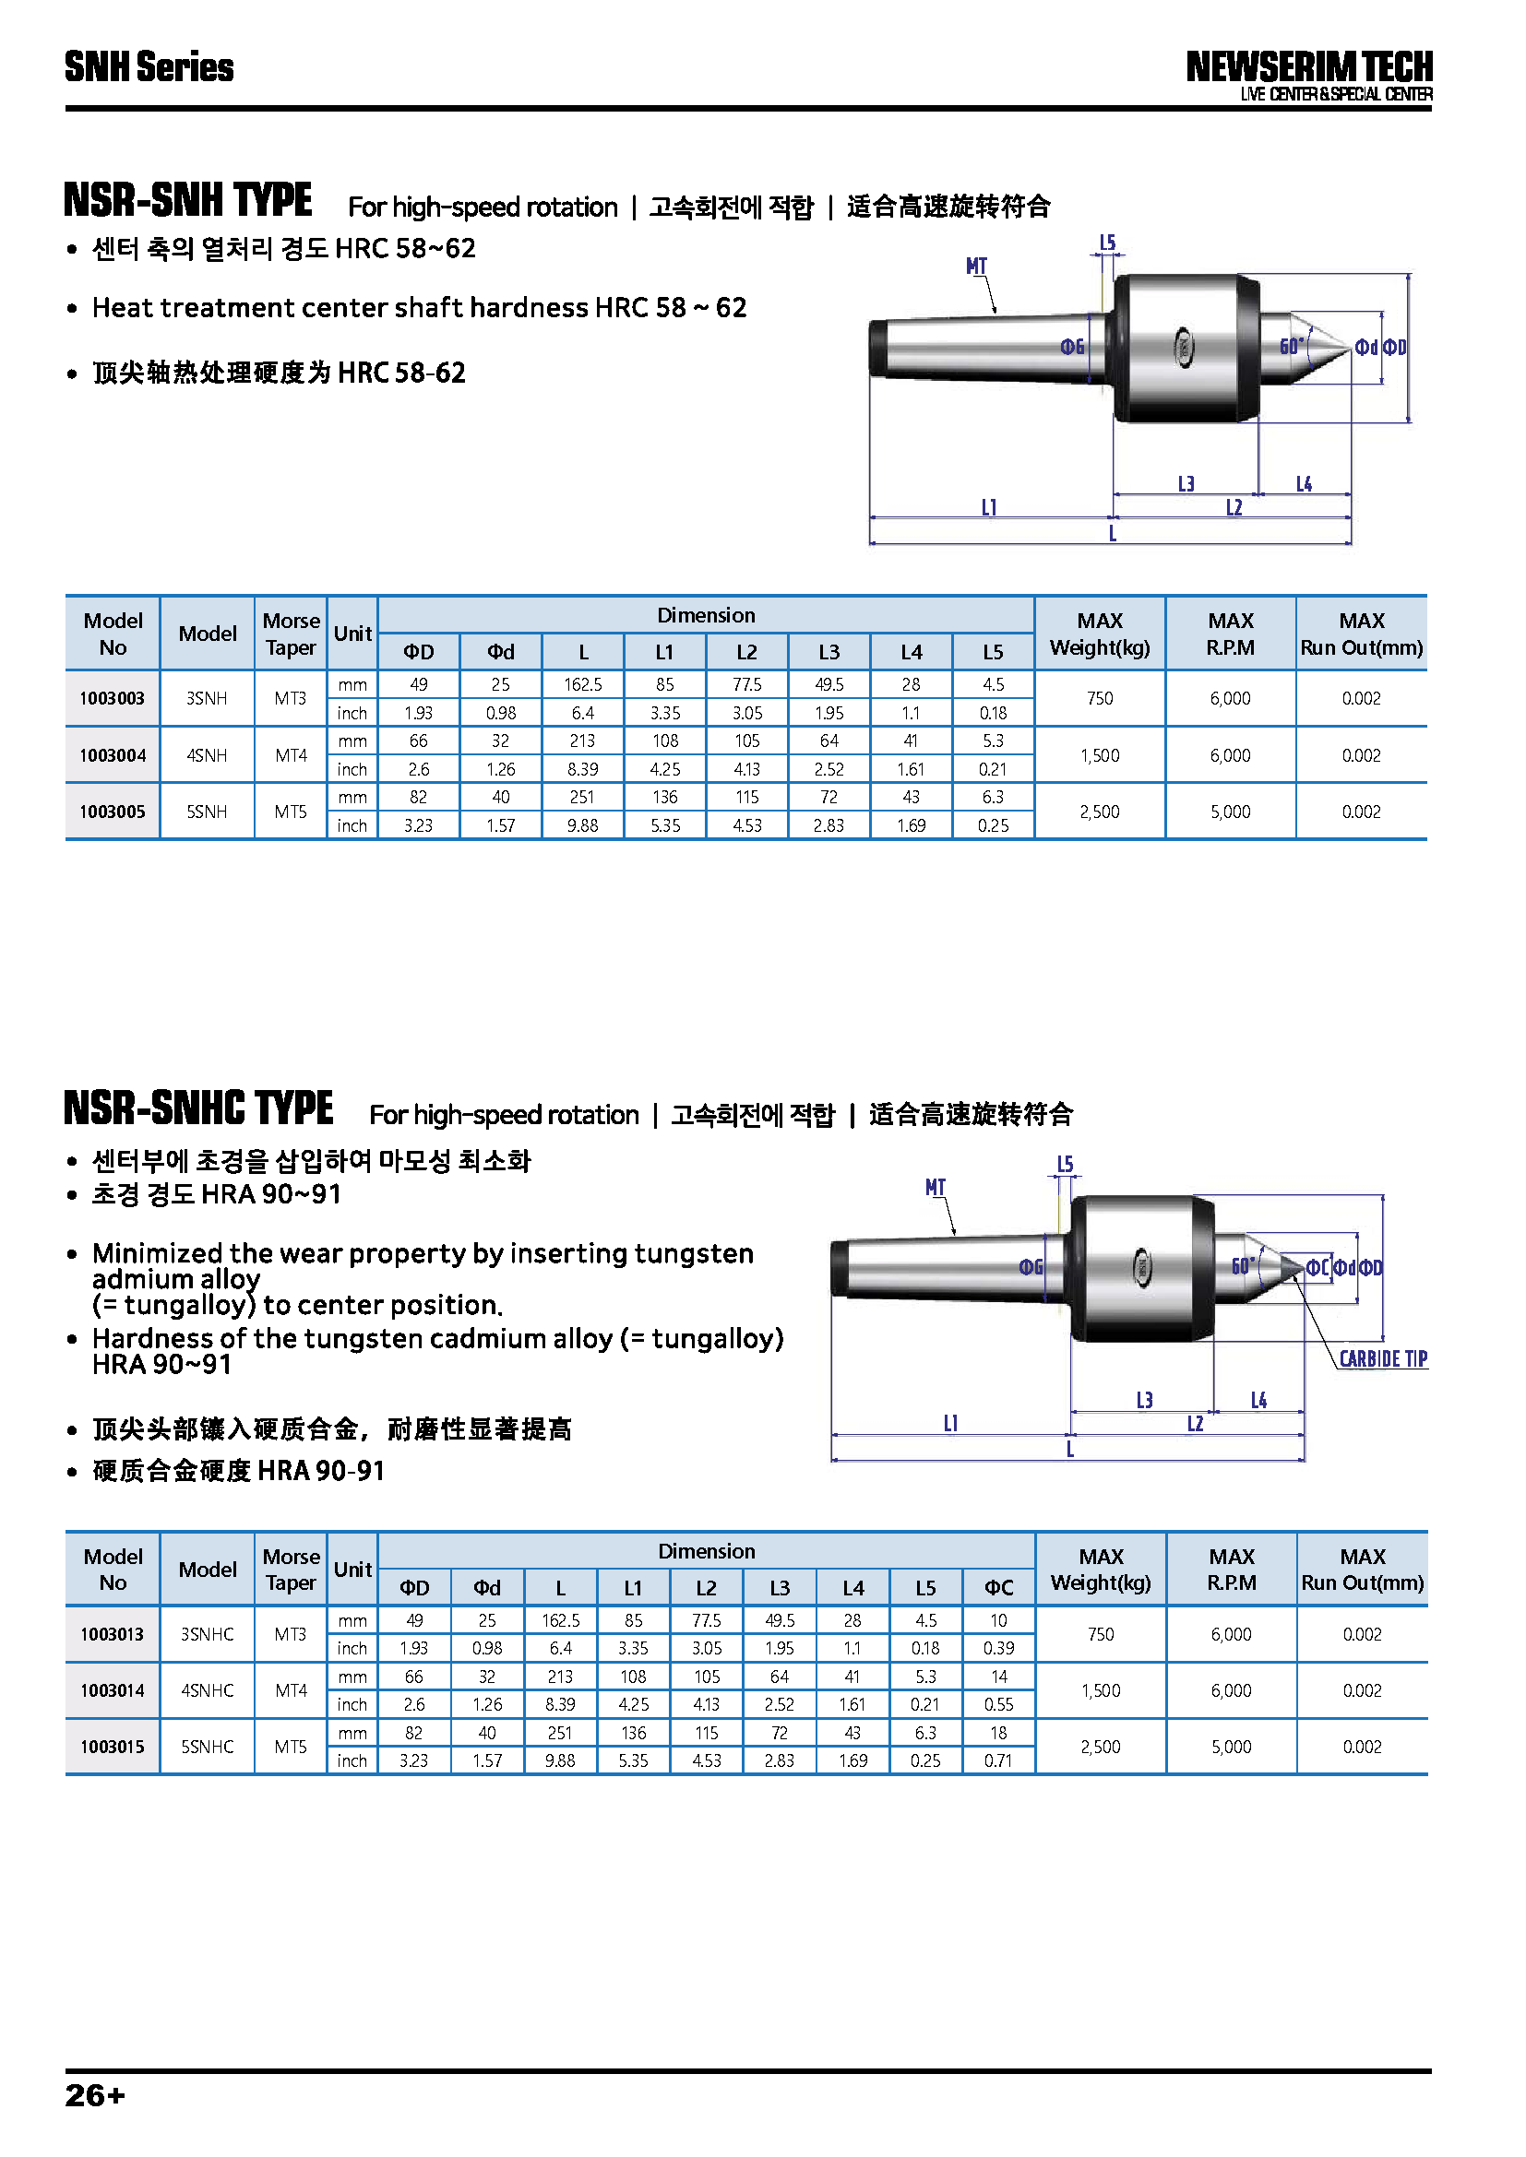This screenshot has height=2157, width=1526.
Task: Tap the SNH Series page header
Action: coord(149,67)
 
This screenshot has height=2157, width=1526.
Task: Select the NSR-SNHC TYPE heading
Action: coord(198,1108)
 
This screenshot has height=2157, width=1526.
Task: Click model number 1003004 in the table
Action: coord(112,755)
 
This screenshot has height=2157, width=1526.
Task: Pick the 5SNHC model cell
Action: coord(207,1747)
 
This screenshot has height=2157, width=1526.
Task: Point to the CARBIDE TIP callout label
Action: coord(1382,1359)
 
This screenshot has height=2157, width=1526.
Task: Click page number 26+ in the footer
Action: coord(94,2096)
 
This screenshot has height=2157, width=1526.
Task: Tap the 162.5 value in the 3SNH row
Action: coord(582,685)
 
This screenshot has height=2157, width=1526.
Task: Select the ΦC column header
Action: coord(998,1588)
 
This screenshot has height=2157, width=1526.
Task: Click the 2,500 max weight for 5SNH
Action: coord(1100,812)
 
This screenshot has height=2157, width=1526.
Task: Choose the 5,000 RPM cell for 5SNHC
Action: coord(1231,1747)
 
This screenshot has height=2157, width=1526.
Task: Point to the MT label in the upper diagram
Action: coord(976,267)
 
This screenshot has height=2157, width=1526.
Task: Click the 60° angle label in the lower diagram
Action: coord(1243,1265)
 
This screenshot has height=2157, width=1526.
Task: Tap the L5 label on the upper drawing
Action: coord(1108,243)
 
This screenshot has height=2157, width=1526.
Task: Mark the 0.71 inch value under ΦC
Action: coord(998,1760)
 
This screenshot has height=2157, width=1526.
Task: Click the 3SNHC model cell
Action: coord(207,1634)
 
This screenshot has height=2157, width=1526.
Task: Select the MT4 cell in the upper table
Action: coord(291,755)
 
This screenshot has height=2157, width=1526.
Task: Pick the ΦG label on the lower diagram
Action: coord(1031,1267)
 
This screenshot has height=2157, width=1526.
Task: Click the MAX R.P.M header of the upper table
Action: coord(1230,634)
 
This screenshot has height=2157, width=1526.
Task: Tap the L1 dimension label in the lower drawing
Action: coord(951,1423)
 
